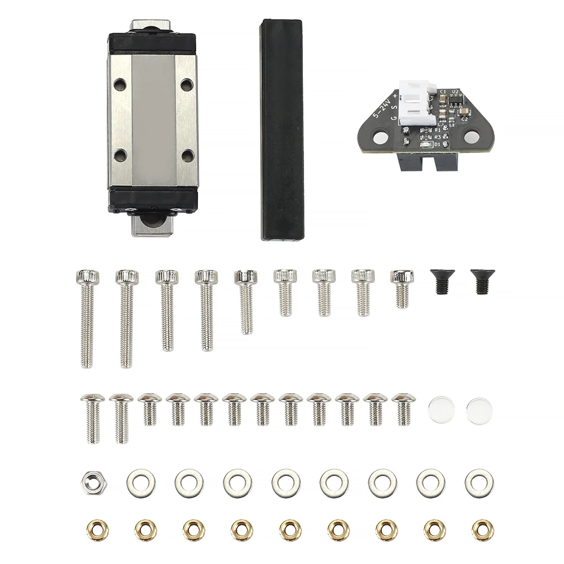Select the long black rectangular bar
click(280, 129)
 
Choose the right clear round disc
click(479, 407)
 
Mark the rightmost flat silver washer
click(479, 483)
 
